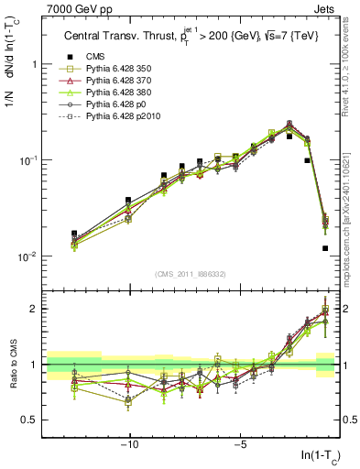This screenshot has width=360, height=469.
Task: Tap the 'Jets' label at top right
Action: tap(327, 9)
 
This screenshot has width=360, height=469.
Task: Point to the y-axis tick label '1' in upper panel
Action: tap(34, 65)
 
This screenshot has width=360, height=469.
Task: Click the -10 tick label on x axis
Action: tap(130, 446)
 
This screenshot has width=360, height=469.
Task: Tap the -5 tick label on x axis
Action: tap(239, 446)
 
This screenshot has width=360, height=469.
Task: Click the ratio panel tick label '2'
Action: tap(34, 309)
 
